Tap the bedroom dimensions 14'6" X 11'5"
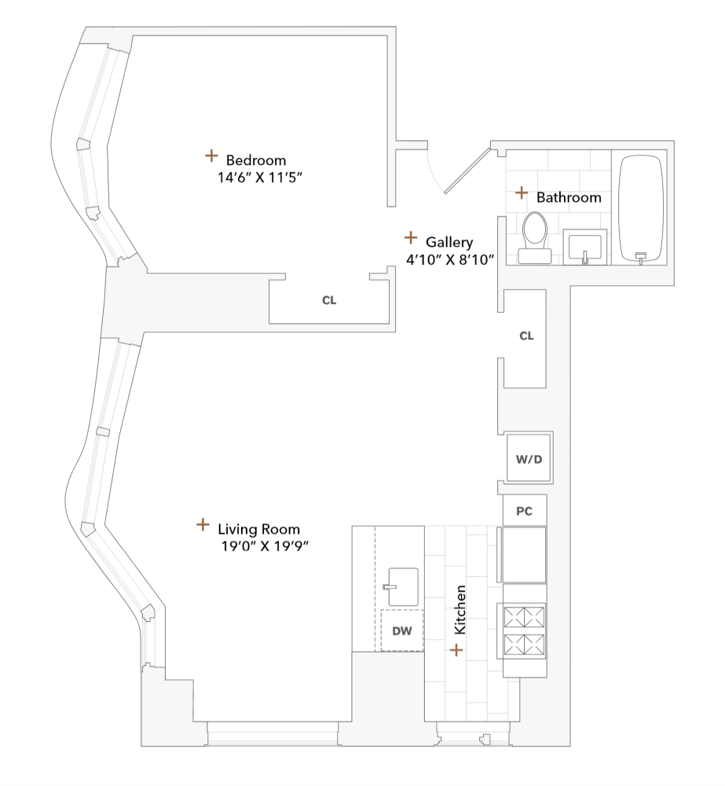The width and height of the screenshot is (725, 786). coord(260,178)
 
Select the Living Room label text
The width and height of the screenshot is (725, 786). coord(258,529)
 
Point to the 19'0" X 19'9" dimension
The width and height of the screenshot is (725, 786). coord(264,546)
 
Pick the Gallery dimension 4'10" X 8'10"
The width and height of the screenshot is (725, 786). coord(449,260)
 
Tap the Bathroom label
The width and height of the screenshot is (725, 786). coord(569,197)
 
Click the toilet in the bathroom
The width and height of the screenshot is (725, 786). coord(536,235)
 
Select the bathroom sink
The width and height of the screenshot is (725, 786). coord(585,247)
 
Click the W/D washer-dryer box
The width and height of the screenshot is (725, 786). coord(528,458)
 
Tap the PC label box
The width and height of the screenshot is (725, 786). coord(524,511)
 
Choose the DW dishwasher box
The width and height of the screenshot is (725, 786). coord(402,630)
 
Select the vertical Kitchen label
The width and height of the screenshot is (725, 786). coord(461,609)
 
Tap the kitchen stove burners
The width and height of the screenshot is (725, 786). coord(524,630)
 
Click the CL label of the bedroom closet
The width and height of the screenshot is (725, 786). coord(329,300)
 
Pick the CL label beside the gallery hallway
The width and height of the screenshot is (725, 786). coord(526,336)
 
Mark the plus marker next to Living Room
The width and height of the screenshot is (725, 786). coord(203,524)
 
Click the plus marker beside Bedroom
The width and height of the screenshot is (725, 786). coord(211,156)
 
